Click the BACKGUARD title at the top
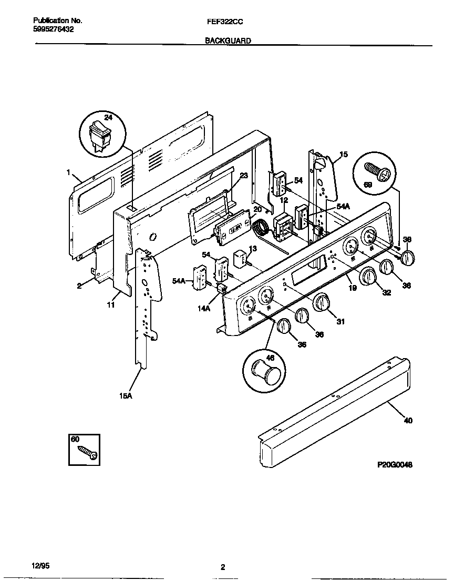(x=228, y=40)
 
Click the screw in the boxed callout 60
(x=87, y=453)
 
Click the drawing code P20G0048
(x=395, y=465)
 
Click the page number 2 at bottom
(x=223, y=567)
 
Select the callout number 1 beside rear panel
(x=68, y=172)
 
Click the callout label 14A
(x=204, y=309)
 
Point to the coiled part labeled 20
(x=260, y=228)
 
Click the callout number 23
(x=243, y=176)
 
